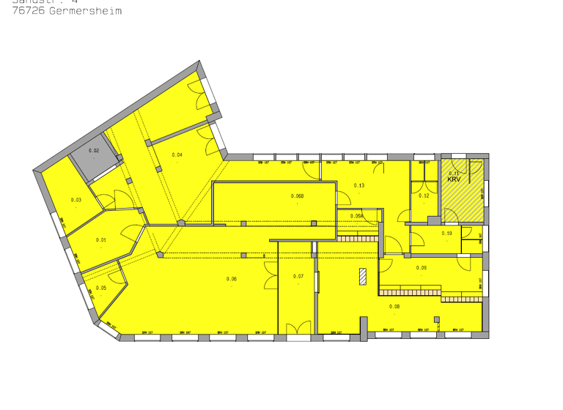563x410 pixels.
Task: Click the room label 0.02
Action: point(94,151)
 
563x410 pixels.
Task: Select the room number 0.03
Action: point(76,200)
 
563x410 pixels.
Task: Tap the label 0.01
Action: point(101,240)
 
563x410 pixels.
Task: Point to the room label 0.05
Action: point(101,288)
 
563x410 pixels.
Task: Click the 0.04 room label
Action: point(177,154)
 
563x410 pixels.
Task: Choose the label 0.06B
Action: point(297,196)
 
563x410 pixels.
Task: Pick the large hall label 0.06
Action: point(232,279)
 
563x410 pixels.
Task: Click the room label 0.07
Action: point(298,276)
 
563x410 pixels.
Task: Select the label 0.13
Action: point(359,185)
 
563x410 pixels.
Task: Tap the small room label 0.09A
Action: point(357,216)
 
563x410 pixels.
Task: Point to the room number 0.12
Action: point(424,195)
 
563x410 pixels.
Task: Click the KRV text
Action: point(454,179)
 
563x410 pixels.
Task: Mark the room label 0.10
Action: point(447,234)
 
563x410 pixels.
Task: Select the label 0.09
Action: point(422,268)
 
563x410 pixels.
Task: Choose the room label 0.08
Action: point(394,307)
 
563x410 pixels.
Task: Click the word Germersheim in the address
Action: point(86,12)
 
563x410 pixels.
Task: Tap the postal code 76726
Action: point(29,12)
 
